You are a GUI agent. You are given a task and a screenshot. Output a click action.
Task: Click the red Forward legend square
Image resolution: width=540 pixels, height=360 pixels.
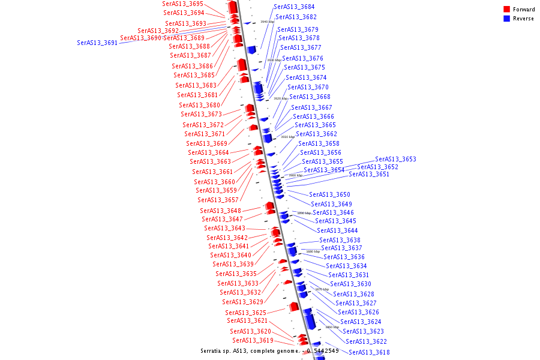pos(507,10)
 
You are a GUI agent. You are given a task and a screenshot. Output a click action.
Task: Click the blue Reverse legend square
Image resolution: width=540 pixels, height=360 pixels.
pos(507,19)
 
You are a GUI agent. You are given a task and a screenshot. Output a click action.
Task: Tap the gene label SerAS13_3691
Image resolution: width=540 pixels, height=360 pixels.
pos(97,43)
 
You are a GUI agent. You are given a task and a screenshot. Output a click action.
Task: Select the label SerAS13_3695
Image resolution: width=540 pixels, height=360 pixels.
pos(182,4)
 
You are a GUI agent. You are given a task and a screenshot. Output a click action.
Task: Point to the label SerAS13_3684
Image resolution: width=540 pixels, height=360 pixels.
pos(294,7)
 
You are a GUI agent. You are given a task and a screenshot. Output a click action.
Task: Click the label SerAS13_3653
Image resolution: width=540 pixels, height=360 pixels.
pos(395,160)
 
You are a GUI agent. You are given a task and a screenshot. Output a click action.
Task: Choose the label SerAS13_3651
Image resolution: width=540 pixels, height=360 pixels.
pos(369,175)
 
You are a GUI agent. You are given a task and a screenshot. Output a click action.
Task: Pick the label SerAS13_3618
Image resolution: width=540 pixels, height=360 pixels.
pos(369,353)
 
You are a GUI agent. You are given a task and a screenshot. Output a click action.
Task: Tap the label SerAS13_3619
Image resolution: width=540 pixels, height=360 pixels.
pos(253,341)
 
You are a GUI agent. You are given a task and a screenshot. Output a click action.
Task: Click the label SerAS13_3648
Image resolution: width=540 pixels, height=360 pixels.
pos(220,211)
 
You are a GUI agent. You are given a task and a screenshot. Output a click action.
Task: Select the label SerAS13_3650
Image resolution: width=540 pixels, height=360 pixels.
pos(329,195)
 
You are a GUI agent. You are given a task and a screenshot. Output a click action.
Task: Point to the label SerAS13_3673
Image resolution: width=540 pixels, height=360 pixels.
pos(201,115)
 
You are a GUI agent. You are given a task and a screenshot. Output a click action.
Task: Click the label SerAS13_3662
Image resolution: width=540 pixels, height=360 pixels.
pos(316,134)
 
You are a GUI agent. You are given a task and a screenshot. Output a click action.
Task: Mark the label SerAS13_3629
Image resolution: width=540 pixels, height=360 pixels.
pos(242,302)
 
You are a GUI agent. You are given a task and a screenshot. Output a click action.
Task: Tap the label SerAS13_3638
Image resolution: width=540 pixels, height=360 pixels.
pos(340,241)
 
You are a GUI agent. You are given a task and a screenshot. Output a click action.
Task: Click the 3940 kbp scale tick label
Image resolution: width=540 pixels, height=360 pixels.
pos(267,22)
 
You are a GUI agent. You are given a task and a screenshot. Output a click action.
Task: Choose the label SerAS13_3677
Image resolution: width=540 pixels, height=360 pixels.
pos(301,48)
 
